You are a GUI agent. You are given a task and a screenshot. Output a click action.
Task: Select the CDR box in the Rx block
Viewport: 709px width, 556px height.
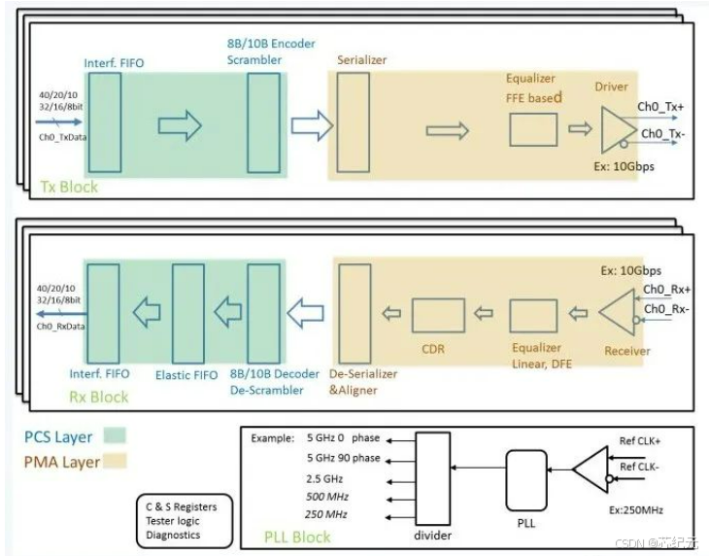tap(437, 315)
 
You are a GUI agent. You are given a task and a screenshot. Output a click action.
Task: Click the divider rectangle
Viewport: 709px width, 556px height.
tap(432, 473)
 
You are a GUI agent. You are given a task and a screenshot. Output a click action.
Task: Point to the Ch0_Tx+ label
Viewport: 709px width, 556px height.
tap(660, 107)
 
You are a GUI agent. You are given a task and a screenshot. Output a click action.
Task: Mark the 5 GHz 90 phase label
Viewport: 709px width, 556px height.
tap(343, 457)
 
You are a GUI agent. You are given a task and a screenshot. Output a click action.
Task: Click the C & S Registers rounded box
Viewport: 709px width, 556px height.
tap(184, 521)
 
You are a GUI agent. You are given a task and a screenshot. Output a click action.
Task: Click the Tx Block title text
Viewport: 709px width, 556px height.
tap(69, 186)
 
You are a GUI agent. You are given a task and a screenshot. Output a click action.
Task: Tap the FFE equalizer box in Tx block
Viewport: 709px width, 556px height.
tap(533, 129)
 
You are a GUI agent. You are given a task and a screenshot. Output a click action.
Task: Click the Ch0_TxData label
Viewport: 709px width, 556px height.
tap(59, 138)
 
